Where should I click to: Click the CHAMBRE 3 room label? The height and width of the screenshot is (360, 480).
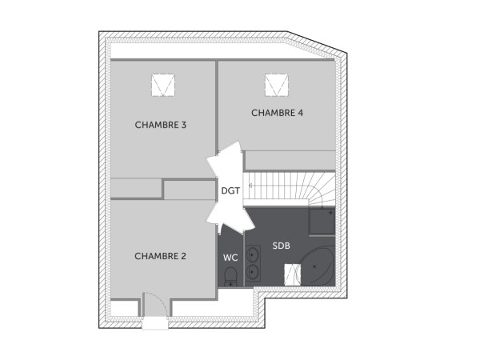(x=161, y=125)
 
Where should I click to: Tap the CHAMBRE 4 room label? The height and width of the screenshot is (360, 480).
(x=277, y=113)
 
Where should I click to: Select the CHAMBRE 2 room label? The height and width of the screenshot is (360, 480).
(x=160, y=256)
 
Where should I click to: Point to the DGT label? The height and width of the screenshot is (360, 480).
(x=230, y=190)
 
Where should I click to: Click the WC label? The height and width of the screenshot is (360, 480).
(x=230, y=258)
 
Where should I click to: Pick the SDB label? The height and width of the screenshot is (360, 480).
(x=281, y=245)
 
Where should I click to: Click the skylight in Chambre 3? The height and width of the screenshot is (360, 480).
(x=164, y=84)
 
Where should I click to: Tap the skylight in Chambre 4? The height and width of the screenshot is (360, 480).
(x=277, y=82)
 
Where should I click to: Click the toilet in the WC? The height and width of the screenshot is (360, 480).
(x=230, y=277)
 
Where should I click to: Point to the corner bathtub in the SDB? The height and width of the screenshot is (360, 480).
(x=318, y=266)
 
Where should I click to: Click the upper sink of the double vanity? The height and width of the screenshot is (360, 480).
(x=254, y=254)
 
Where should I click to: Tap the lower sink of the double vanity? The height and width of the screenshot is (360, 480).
(x=254, y=272)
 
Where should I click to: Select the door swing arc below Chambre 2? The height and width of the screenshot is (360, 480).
(x=154, y=306)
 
